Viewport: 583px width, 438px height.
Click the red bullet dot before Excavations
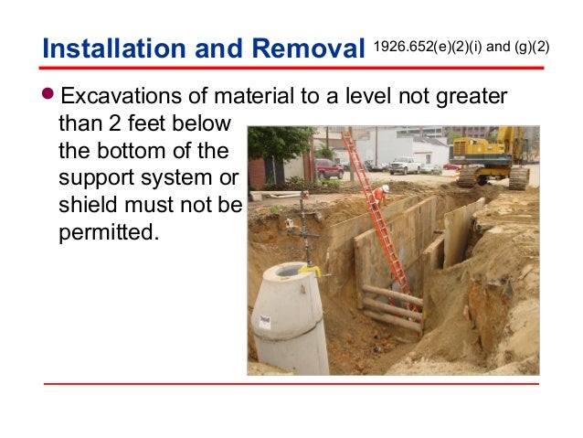(51, 97)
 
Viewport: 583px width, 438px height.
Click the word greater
(461, 97)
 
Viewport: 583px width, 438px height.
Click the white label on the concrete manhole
(264, 321)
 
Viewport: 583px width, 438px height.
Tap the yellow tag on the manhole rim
(311, 271)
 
